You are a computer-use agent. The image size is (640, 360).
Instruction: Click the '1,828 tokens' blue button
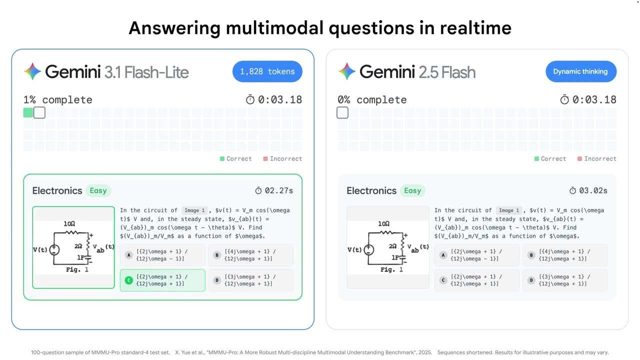tap(267, 71)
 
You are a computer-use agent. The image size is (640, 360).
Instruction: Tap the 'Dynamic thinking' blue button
tap(580, 71)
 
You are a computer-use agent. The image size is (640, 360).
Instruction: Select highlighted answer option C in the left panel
tap(162, 280)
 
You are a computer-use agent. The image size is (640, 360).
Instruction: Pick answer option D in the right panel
tap(565, 280)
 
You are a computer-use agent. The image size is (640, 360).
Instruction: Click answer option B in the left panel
tap(250, 255)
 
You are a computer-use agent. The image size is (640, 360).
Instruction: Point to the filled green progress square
tap(28, 112)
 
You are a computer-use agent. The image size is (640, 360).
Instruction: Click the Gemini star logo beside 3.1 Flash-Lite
tap(33, 72)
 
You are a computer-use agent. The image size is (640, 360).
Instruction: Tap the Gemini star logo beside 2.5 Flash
tap(347, 72)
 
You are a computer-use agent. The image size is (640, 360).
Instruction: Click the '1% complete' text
tap(57, 99)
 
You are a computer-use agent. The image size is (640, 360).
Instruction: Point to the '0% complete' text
tap(372, 99)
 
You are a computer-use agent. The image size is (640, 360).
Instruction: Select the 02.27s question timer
tap(274, 190)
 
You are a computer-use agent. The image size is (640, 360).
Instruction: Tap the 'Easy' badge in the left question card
tap(98, 190)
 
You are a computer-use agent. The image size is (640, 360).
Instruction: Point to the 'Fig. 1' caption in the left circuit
tap(77, 269)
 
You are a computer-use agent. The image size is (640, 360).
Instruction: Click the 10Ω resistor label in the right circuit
tap(384, 224)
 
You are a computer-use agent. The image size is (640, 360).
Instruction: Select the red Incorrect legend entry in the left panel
tap(282, 158)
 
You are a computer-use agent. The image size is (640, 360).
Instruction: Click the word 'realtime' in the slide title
tap(475, 27)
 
